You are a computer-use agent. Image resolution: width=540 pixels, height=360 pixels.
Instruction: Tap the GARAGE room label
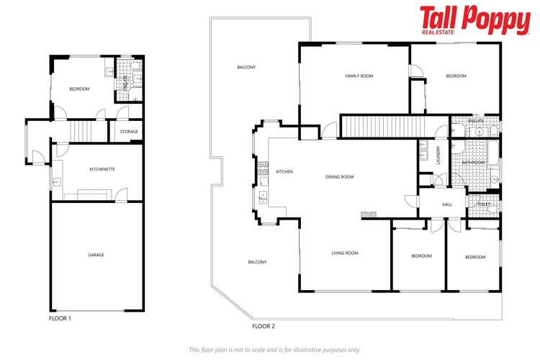[x=96, y=255]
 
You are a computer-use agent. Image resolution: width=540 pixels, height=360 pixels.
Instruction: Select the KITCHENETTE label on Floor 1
[x=102, y=168]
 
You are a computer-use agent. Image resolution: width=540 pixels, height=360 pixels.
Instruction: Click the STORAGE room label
[x=129, y=132]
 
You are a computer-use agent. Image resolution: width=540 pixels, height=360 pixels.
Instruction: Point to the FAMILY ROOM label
[x=358, y=76]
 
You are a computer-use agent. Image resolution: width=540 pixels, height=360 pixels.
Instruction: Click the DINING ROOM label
[x=340, y=176]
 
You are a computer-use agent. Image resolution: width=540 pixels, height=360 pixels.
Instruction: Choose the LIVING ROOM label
[x=345, y=253]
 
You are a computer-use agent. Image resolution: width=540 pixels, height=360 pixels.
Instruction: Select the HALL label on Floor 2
[x=446, y=205]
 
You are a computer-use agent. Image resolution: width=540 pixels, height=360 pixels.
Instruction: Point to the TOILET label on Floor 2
[x=483, y=205]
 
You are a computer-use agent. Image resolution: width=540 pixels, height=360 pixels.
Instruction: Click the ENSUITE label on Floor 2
[x=475, y=121]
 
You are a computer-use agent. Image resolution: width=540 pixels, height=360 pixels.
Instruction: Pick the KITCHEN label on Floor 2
[x=284, y=171]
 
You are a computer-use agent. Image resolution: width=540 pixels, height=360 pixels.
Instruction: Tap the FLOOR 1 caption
[x=60, y=318]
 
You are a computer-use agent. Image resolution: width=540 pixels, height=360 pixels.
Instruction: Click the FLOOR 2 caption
[x=264, y=326]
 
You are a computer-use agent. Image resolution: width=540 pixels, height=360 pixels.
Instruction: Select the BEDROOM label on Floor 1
[x=79, y=89]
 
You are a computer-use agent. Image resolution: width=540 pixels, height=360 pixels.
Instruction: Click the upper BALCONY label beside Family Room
[x=246, y=68]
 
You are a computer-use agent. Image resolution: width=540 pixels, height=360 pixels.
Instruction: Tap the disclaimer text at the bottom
[x=274, y=349]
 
